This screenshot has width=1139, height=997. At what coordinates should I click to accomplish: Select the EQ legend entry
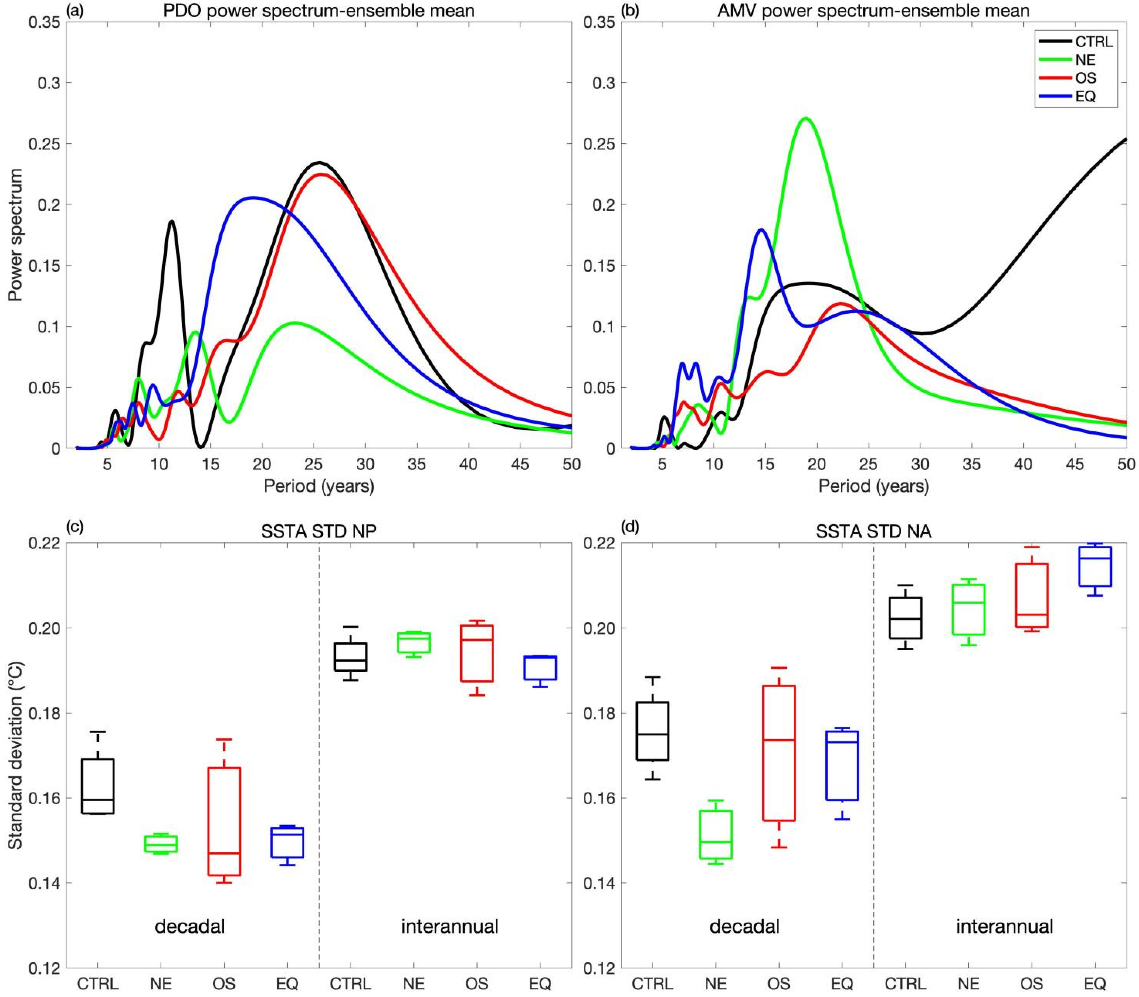pyautogui.click(x=1085, y=96)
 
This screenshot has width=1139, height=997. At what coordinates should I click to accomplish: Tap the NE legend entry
pyautogui.click(x=1085, y=60)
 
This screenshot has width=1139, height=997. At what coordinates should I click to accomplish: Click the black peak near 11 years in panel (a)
pyautogui.click(x=171, y=221)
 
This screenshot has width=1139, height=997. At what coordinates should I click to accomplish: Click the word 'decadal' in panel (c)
pyautogui.click(x=190, y=926)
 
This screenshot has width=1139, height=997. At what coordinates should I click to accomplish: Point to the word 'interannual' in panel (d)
pyautogui.click(x=1004, y=926)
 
